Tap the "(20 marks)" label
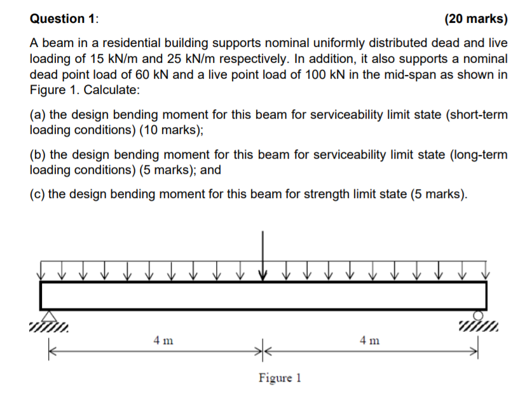(477, 18)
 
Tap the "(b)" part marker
(37, 155)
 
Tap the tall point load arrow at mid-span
(262, 254)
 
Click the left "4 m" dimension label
(161, 341)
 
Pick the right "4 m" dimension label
(369, 341)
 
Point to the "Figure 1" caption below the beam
(280, 378)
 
